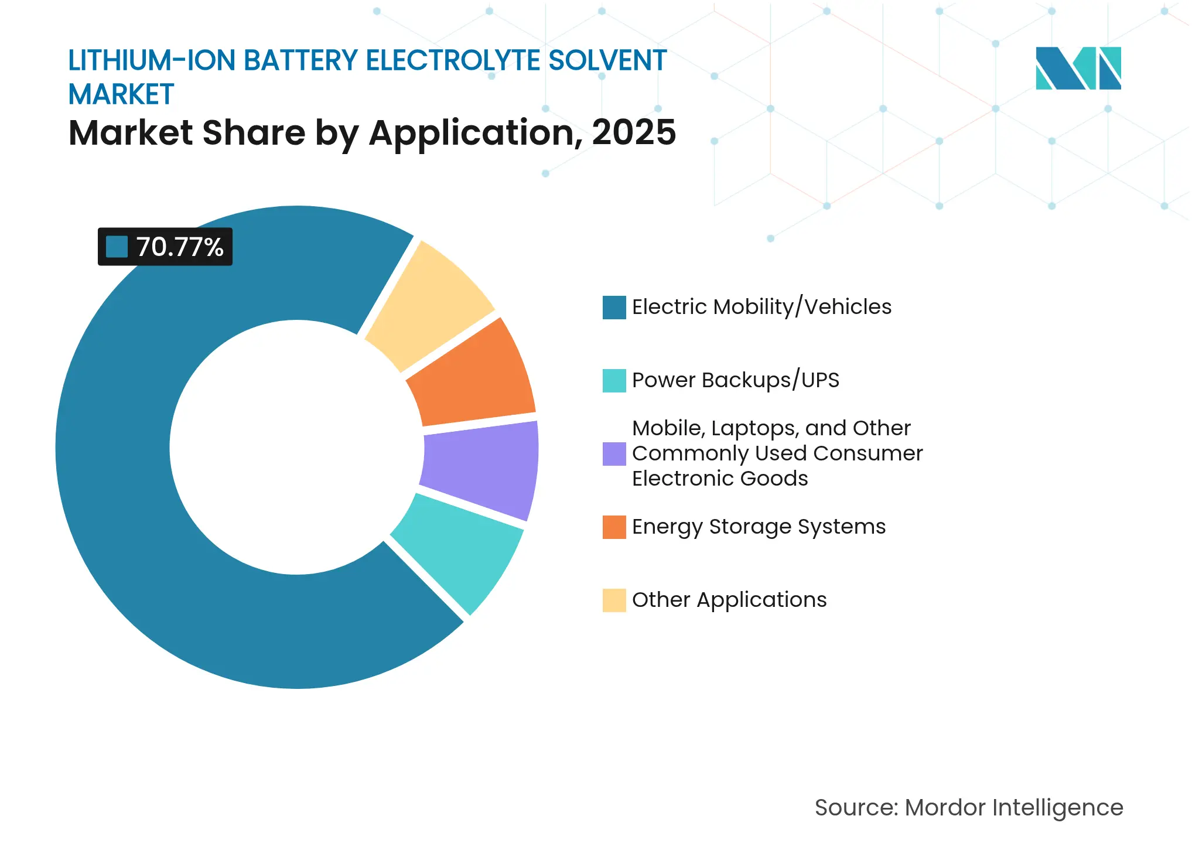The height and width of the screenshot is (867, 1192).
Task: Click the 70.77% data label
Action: [165, 247]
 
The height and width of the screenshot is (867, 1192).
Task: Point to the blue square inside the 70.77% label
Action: [117, 247]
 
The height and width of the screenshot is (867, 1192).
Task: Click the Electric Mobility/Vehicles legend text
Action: [761, 307]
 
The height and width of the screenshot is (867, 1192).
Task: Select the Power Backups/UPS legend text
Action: [735, 380]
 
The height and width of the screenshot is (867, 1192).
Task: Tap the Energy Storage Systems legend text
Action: [759, 527]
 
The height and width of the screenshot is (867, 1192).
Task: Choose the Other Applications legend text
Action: [729, 600]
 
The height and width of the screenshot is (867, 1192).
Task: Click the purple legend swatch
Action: [614, 453]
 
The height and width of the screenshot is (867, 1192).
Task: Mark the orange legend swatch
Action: [614, 527]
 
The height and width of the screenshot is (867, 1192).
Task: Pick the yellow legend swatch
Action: [614, 600]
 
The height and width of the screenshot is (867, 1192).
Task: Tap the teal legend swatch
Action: [614, 380]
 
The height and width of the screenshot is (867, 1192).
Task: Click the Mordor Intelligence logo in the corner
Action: [1078, 68]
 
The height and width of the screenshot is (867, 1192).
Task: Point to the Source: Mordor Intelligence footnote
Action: [969, 807]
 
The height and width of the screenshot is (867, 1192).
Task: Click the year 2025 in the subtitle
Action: [634, 132]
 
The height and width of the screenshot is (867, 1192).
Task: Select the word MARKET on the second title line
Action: [121, 94]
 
